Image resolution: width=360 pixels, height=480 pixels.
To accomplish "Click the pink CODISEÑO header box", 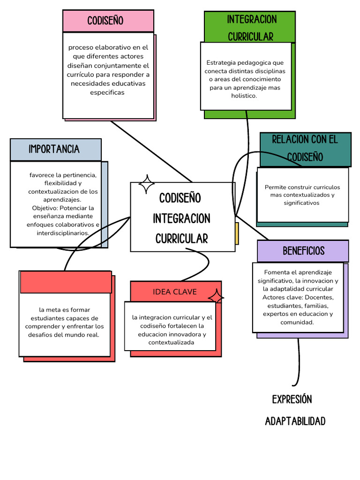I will pyautogui.click(x=108, y=21).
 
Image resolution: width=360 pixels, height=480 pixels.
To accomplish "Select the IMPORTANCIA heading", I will pyautogui.click(x=54, y=149).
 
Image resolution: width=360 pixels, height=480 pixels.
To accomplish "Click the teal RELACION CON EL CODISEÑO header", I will pyautogui.click(x=305, y=148).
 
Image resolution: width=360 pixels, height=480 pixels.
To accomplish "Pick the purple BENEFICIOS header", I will pyautogui.click(x=303, y=251).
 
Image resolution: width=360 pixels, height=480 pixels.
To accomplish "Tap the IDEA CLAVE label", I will pyautogui.click(x=175, y=292).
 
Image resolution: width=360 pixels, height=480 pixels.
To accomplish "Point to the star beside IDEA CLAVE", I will pyautogui.click(x=216, y=298).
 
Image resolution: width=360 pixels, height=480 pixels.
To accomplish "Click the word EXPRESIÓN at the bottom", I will pyautogui.click(x=292, y=399).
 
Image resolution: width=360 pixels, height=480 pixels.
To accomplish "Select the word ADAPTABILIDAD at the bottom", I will pyautogui.click(x=295, y=421).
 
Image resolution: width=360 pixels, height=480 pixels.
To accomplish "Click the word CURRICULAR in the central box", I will pyautogui.click(x=181, y=239).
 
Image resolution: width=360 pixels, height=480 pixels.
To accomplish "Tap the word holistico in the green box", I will pyautogui.click(x=244, y=96).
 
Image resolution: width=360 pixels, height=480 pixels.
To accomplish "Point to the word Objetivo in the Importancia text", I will pyautogui.click(x=45, y=208).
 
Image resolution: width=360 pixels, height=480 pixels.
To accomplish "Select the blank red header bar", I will pyautogui.click(x=66, y=282).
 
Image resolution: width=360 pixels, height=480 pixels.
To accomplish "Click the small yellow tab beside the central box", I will pyautogui.click(x=237, y=233).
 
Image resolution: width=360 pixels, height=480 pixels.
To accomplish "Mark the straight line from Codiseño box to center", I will pyautogui.click(x=151, y=151).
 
